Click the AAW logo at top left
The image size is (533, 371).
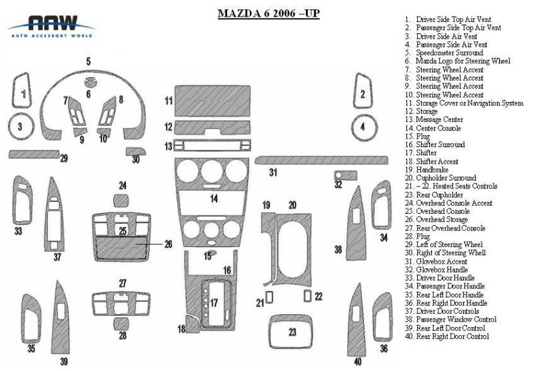(x=50, y=25)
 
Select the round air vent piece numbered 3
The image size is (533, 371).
(x=21, y=126)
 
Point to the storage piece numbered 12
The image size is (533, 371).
(x=213, y=127)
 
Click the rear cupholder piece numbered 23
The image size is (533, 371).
(x=292, y=331)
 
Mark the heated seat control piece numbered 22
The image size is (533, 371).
(x=308, y=295)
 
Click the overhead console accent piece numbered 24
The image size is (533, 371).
(x=123, y=200)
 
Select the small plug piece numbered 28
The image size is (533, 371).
(x=122, y=323)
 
